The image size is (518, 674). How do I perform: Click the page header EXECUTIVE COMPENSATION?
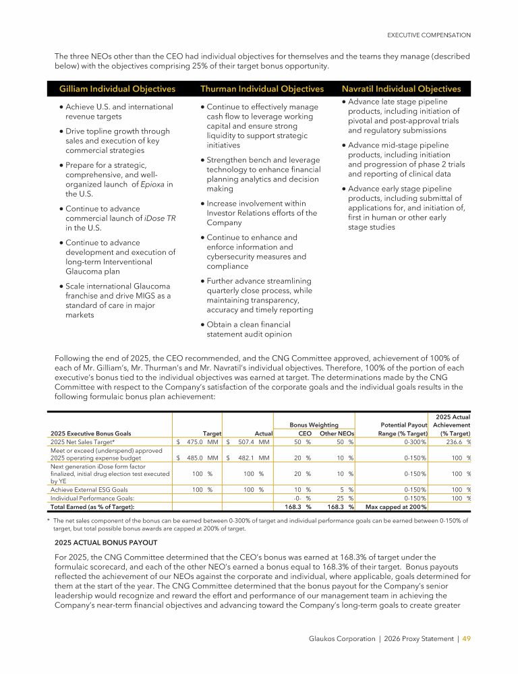pos(428,35)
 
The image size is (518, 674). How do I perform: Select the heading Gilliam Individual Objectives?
pos(117,89)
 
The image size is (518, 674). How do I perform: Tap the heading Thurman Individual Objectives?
pos(262,89)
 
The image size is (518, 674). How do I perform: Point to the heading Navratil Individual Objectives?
pos(401,89)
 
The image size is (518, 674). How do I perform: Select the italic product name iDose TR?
pos(156,218)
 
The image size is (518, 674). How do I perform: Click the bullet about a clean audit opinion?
pos(249,329)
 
